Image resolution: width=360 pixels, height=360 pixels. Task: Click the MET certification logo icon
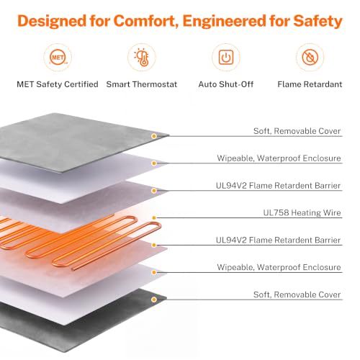point(58,58)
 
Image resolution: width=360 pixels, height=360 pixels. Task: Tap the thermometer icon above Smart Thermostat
point(142,57)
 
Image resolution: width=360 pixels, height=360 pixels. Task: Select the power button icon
point(226,58)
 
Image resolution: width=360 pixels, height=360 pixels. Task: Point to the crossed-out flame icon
point(310,58)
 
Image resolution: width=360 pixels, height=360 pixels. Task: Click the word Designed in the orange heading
point(52,21)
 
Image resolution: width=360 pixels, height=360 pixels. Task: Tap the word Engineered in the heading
point(225,21)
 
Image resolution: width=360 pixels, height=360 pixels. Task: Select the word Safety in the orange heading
point(318,21)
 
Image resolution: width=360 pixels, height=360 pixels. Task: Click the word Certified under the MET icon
point(81,84)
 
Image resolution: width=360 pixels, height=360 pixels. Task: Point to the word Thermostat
point(155,84)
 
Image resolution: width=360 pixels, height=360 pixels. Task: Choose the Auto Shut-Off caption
point(226,84)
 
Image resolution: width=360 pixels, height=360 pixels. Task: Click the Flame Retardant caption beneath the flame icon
point(310,84)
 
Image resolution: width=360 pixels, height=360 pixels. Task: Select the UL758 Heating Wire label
point(302,212)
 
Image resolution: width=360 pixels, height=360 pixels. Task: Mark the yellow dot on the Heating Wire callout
point(154,218)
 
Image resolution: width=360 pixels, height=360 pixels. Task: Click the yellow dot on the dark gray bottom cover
point(154,300)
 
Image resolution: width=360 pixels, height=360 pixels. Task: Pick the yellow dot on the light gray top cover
point(154,136)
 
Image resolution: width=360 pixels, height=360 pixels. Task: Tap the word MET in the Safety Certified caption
point(25,84)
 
